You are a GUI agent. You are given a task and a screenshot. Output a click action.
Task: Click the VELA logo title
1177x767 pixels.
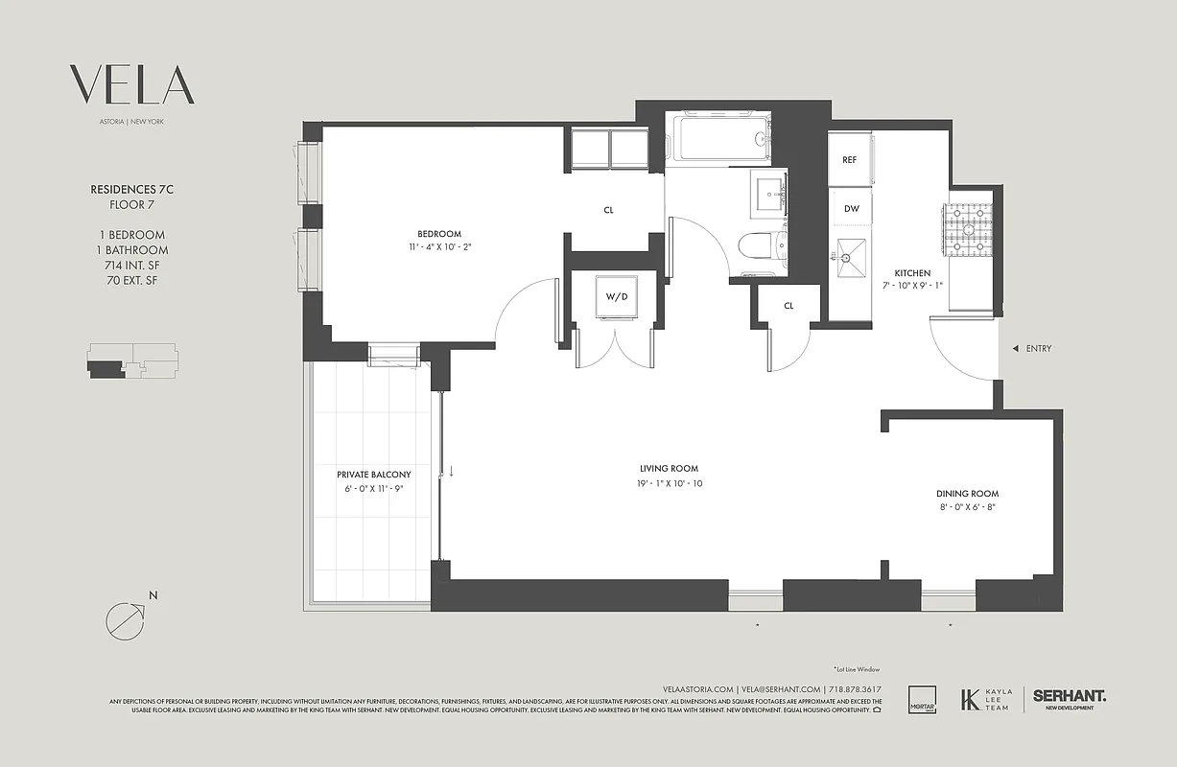pos(132,85)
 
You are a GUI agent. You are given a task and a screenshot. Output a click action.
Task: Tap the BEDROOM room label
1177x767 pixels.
pos(439,234)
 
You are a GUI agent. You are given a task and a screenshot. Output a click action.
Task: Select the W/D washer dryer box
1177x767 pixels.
pos(615,297)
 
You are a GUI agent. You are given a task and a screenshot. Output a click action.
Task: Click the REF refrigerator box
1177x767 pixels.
pos(849,160)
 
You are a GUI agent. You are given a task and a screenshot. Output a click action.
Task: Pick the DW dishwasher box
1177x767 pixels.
pos(851,208)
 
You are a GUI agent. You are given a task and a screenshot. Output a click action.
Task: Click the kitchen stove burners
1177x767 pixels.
pos(972,233)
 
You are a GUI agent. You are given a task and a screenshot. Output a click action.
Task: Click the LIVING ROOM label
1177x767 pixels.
pos(669,469)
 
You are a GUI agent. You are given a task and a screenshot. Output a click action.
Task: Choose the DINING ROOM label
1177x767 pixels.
pos(967,494)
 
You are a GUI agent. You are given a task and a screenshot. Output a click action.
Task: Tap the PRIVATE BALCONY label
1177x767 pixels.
pos(373,475)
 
